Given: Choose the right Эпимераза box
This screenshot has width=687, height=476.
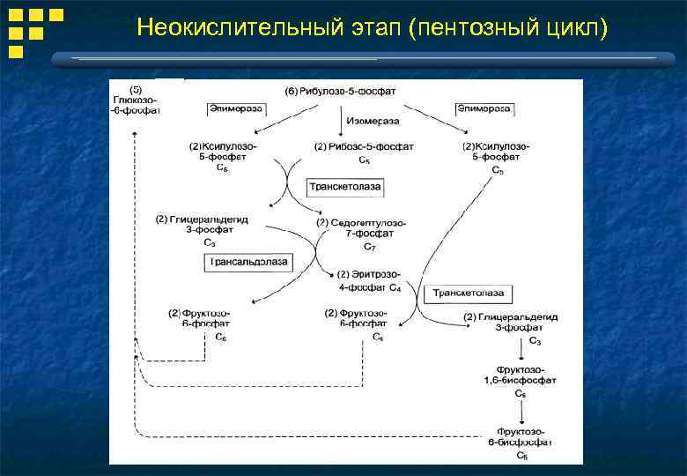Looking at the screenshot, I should point(484,108).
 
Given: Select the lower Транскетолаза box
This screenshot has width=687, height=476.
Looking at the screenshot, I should point(468,294).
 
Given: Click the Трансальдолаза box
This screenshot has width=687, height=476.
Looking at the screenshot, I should point(248,263).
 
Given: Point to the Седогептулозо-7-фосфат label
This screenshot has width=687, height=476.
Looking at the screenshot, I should point(361,227).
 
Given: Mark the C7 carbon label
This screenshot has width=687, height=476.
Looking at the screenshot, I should point(369,248).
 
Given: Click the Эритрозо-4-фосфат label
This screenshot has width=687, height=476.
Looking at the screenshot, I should point(364,279).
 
